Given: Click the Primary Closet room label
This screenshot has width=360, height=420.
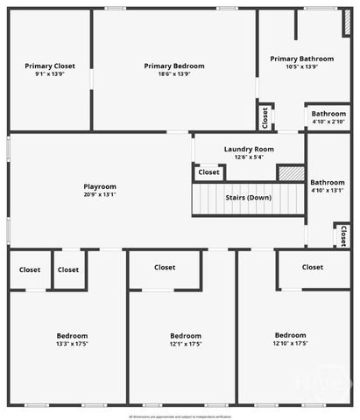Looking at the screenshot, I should (x=50, y=66).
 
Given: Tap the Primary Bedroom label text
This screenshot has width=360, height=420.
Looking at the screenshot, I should (x=174, y=66).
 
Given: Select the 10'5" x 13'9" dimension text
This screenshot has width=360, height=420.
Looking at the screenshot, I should (x=301, y=66).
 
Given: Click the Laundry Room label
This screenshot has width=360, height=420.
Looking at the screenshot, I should (x=249, y=149).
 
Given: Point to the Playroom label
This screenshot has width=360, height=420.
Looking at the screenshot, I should (x=100, y=186).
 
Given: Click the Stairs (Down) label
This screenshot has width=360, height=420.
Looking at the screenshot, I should (x=248, y=198).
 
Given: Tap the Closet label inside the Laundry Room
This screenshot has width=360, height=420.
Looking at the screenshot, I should (x=208, y=172).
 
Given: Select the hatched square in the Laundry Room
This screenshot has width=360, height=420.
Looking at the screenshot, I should (x=291, y=172).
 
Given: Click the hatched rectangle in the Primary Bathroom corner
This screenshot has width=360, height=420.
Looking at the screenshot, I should (x=348, y=24).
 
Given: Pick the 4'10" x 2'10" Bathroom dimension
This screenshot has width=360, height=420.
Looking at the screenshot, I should (x=328, y=122).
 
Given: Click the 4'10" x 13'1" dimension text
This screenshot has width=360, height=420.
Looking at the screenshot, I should (x=328, y=190).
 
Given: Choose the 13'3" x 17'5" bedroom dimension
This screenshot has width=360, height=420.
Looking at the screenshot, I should (x=72, y=344).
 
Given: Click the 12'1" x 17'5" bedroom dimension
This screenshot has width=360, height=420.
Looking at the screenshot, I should (x=185, y=344).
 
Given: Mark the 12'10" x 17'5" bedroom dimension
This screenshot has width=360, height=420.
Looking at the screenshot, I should (x=290, y=343).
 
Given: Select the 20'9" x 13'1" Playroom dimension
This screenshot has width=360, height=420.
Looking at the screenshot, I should (x=100, y=194).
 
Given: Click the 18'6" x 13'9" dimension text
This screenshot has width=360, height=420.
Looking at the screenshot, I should (x=174, y=73).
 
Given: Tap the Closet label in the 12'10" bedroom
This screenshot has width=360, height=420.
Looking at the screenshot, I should (x=313, y=267).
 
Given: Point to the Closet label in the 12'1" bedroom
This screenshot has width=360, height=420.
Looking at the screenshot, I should (x=165, y=267).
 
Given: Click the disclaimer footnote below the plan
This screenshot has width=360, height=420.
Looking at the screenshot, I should (x=180, y=416).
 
